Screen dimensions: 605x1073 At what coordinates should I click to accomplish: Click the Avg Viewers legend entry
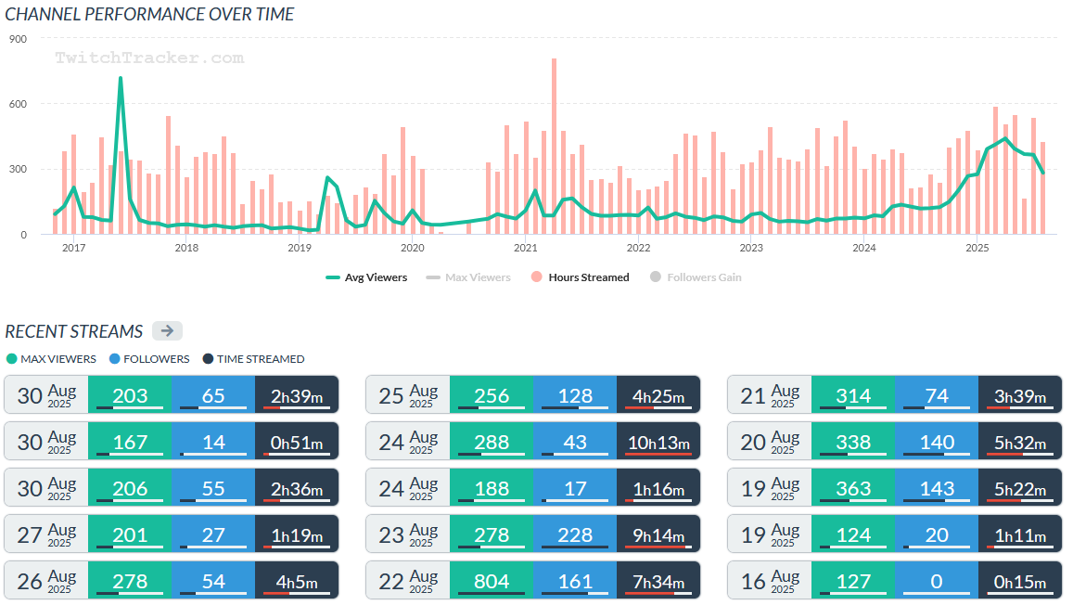[366, 277]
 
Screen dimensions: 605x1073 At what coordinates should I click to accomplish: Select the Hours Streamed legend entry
[581, 277]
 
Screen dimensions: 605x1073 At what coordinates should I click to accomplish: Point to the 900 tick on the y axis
[19, 39]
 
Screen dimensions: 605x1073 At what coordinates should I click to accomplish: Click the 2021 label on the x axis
[525, 248]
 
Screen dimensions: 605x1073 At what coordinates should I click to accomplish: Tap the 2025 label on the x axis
[977, 248]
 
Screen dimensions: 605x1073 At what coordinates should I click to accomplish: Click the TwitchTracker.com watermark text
[149, 58]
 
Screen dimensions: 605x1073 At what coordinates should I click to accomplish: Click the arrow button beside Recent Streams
[167, 331]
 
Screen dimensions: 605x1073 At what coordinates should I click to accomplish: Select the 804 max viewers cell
[492, 580]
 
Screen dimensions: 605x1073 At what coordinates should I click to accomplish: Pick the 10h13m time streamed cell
[658, 442]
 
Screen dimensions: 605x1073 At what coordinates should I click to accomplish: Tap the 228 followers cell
[575, 534]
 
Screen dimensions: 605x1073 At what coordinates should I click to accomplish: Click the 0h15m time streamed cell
[1020, 580]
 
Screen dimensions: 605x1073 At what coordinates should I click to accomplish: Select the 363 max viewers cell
[853, 487]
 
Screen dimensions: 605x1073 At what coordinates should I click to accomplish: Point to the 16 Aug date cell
[769, 580]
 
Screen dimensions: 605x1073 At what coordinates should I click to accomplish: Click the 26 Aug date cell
[45, 580]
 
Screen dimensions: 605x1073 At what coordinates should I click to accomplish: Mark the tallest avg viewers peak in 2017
[121, 79]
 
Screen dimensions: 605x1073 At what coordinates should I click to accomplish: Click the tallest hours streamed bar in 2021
[554, 61]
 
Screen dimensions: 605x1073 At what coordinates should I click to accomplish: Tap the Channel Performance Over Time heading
[149, 14]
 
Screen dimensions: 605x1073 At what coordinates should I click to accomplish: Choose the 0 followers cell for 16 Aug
[937, 580]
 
